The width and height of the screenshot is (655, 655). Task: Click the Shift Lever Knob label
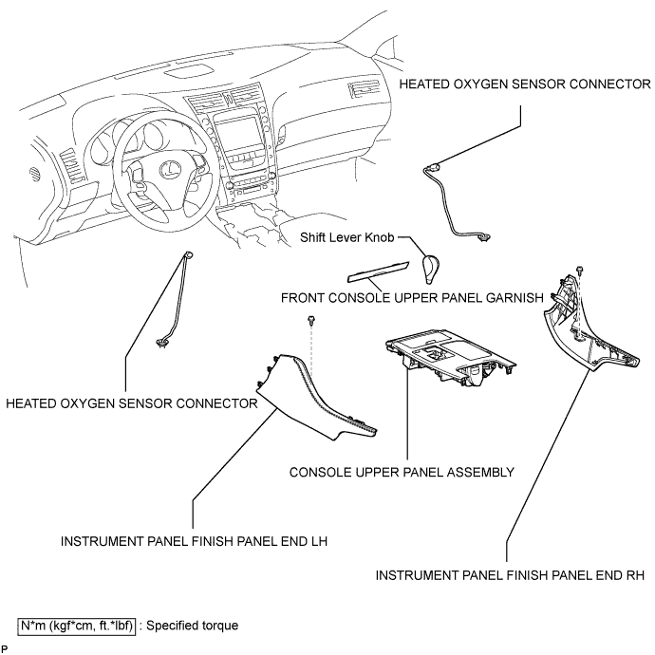click(346, 237)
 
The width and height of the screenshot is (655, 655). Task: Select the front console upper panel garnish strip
click(379, 271)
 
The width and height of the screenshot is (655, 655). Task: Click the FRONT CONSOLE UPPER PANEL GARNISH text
click(412, 298)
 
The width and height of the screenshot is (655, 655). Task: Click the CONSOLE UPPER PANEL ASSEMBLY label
click(402, 472)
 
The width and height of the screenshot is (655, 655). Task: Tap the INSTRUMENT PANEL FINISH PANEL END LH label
click(194, 541)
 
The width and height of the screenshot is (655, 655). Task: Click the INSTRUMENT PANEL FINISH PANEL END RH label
click(510, 575)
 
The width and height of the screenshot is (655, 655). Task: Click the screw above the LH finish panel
click(310, 322)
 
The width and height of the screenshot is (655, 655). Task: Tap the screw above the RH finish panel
click(579, 271)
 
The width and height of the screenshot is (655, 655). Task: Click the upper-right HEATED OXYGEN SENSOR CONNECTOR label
click(525, 84)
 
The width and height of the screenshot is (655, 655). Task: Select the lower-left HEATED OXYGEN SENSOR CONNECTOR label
click(132, 403)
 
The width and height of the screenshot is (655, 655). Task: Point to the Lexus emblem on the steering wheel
click(171, 168)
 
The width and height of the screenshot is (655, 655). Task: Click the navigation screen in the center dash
click(237, 137)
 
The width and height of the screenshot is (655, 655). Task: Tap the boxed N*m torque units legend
click(77, 626)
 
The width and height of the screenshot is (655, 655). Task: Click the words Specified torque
click(192, 626)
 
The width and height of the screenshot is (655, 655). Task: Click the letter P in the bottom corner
click(4, 648)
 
